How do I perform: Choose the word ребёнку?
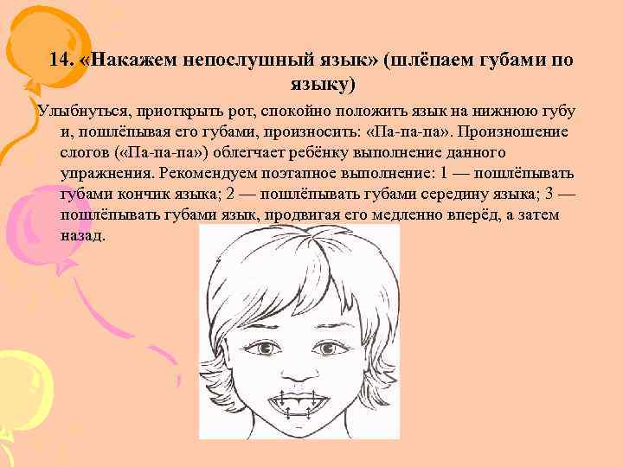(x=340, y=153)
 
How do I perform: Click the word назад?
(x=82, y=234)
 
